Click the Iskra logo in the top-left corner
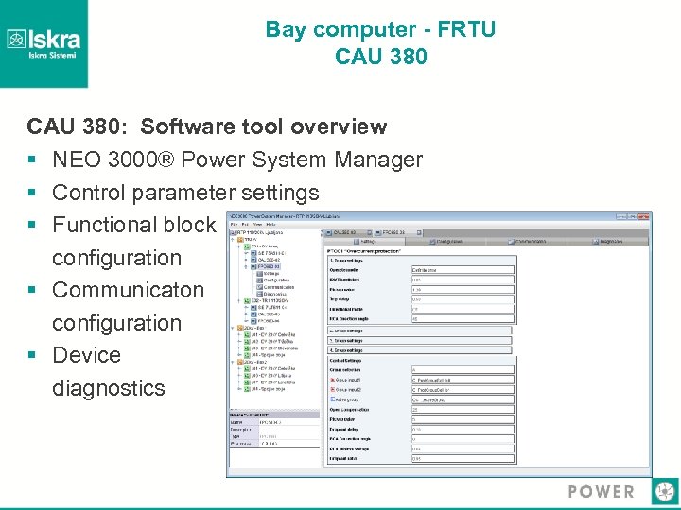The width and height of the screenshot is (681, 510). (x=44, y=42)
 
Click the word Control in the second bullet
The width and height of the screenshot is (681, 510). (x=91, y=193)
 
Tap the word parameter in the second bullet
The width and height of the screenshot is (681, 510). (x=188, y=193)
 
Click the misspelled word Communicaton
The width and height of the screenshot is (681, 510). (x=128, y=290)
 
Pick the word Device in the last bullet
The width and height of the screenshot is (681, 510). (x=86, y=355)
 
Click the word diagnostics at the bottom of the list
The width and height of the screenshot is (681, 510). (x=108, y=388)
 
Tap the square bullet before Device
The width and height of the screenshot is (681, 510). (x=32, y=356)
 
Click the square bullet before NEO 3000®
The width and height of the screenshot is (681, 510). (x=32, y=161)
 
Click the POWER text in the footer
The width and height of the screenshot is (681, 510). (x=601, y=492)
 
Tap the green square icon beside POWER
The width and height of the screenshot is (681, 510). (x=665, y=491)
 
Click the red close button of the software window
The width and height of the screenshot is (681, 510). (x=645, y=217)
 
